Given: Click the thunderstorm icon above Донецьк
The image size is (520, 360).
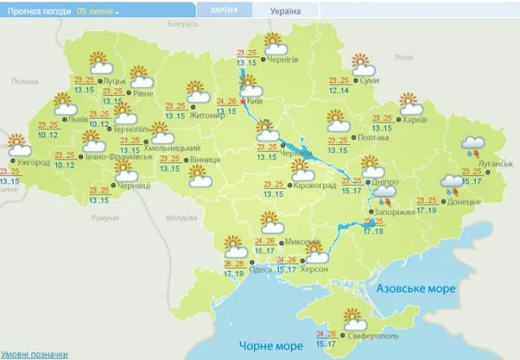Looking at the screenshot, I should pyautogui.click(x=452, y=185).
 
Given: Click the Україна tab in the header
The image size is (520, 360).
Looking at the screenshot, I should pyautogui.click(x=284, y=11).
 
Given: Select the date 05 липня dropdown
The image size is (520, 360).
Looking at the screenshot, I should pyautogui.click(x=97, y=11).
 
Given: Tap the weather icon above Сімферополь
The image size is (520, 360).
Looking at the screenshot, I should pyautogui.click(x=353, y=317).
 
